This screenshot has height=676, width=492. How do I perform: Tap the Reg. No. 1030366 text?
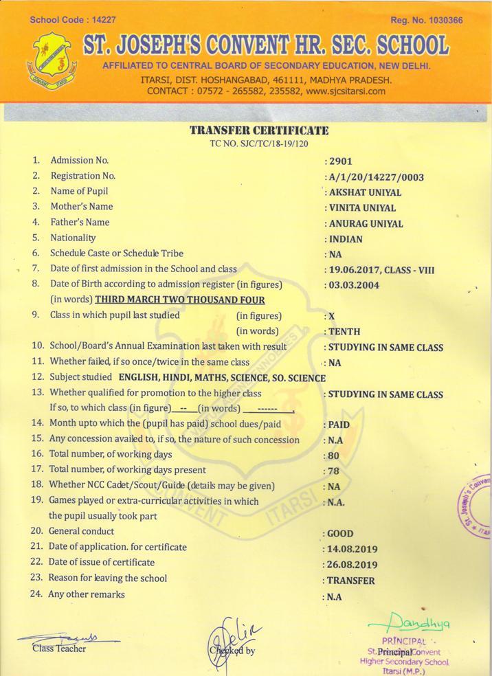coord(426,21)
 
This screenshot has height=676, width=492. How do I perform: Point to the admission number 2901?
coord(341,161)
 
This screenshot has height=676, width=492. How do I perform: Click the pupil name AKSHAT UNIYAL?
coord(366,193)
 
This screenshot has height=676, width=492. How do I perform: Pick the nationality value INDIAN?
coord(347,240)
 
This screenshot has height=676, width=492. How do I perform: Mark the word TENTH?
coord(345,332)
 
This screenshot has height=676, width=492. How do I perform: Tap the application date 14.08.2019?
coord(353,550)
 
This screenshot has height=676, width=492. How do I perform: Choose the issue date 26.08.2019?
coord(353,565)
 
